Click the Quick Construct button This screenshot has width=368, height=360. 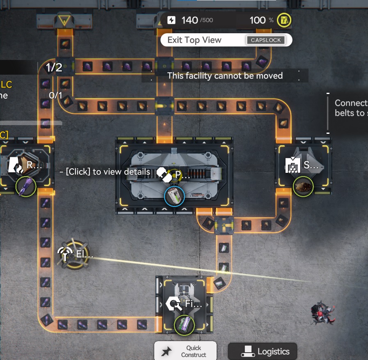pos(185,351)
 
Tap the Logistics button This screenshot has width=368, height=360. pos(262,351)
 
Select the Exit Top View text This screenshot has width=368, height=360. pos(194,40)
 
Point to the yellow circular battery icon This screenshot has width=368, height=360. pos(284,20)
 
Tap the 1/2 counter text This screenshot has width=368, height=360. pos(54,67)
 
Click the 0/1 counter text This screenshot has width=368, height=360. pos(55,95)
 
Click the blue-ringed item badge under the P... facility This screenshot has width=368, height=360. pos(174,196)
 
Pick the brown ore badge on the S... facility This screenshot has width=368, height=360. pos(304,187)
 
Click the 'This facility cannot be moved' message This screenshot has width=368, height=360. pos(225,76)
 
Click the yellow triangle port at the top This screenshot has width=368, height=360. pos(65,19)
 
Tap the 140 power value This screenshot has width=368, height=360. pos(190,20)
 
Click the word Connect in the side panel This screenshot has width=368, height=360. pos(351,103)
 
